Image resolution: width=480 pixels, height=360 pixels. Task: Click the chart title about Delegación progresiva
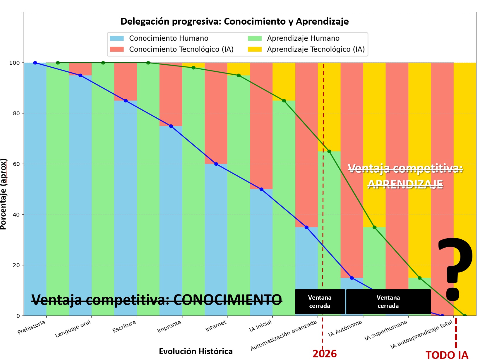tap(234, 21)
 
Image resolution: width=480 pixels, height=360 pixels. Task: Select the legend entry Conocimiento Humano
tap(168, 38)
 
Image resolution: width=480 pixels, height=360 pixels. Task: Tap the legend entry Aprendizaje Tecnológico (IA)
tap(316, 49)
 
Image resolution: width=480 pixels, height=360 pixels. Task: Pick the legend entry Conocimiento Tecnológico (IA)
tap(181, 49)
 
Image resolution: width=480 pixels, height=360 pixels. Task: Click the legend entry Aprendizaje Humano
tap(303, 38)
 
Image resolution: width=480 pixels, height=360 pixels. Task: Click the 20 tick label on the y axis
tap(16, 265)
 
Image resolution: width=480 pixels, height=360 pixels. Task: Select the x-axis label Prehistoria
tap(32, 327)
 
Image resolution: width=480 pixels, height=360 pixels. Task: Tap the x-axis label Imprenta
tap(169, 327)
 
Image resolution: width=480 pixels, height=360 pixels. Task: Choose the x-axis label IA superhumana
tap(386, 330)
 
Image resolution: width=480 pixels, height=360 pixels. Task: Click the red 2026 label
tap(325, 354)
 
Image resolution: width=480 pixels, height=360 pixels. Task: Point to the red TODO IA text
tap(447, 355)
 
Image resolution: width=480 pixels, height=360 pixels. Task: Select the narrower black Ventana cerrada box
tap(320, 302)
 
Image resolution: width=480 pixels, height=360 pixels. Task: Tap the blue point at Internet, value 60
tap(216, 164)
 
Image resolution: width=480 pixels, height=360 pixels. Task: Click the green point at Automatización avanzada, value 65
tap(329, 151)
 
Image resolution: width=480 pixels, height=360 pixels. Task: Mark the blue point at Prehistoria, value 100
tap(35, 63)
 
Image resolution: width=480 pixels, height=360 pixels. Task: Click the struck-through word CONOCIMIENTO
tap(227, 299)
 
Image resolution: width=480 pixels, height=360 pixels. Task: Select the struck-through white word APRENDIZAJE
tap(405, 184)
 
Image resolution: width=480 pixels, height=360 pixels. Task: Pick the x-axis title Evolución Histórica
tap(196, 351)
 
